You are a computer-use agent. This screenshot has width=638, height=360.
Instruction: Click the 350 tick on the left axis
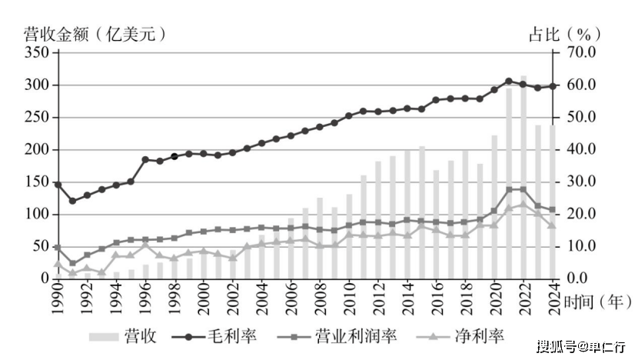point(36,52)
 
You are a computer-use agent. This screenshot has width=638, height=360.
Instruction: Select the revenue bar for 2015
point(421,212)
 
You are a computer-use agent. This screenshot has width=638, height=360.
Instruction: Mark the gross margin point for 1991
point(72,201)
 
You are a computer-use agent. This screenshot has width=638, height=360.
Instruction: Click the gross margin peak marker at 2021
point(509,81)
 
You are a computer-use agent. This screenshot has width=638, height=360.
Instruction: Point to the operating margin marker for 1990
point(58,247)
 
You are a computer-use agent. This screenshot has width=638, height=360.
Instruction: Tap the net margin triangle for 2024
point(552,225)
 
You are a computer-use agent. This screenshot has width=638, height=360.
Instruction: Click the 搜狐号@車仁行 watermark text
point(580,346)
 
